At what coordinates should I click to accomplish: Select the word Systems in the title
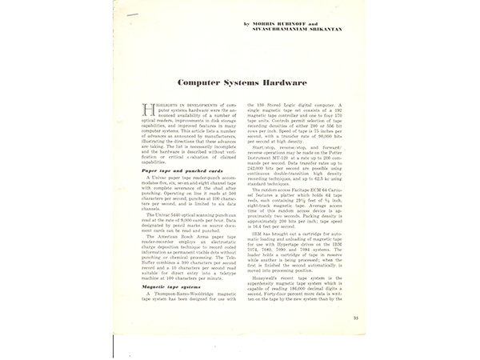click(244, 82)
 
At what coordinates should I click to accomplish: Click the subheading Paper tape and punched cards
click(176, 170)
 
